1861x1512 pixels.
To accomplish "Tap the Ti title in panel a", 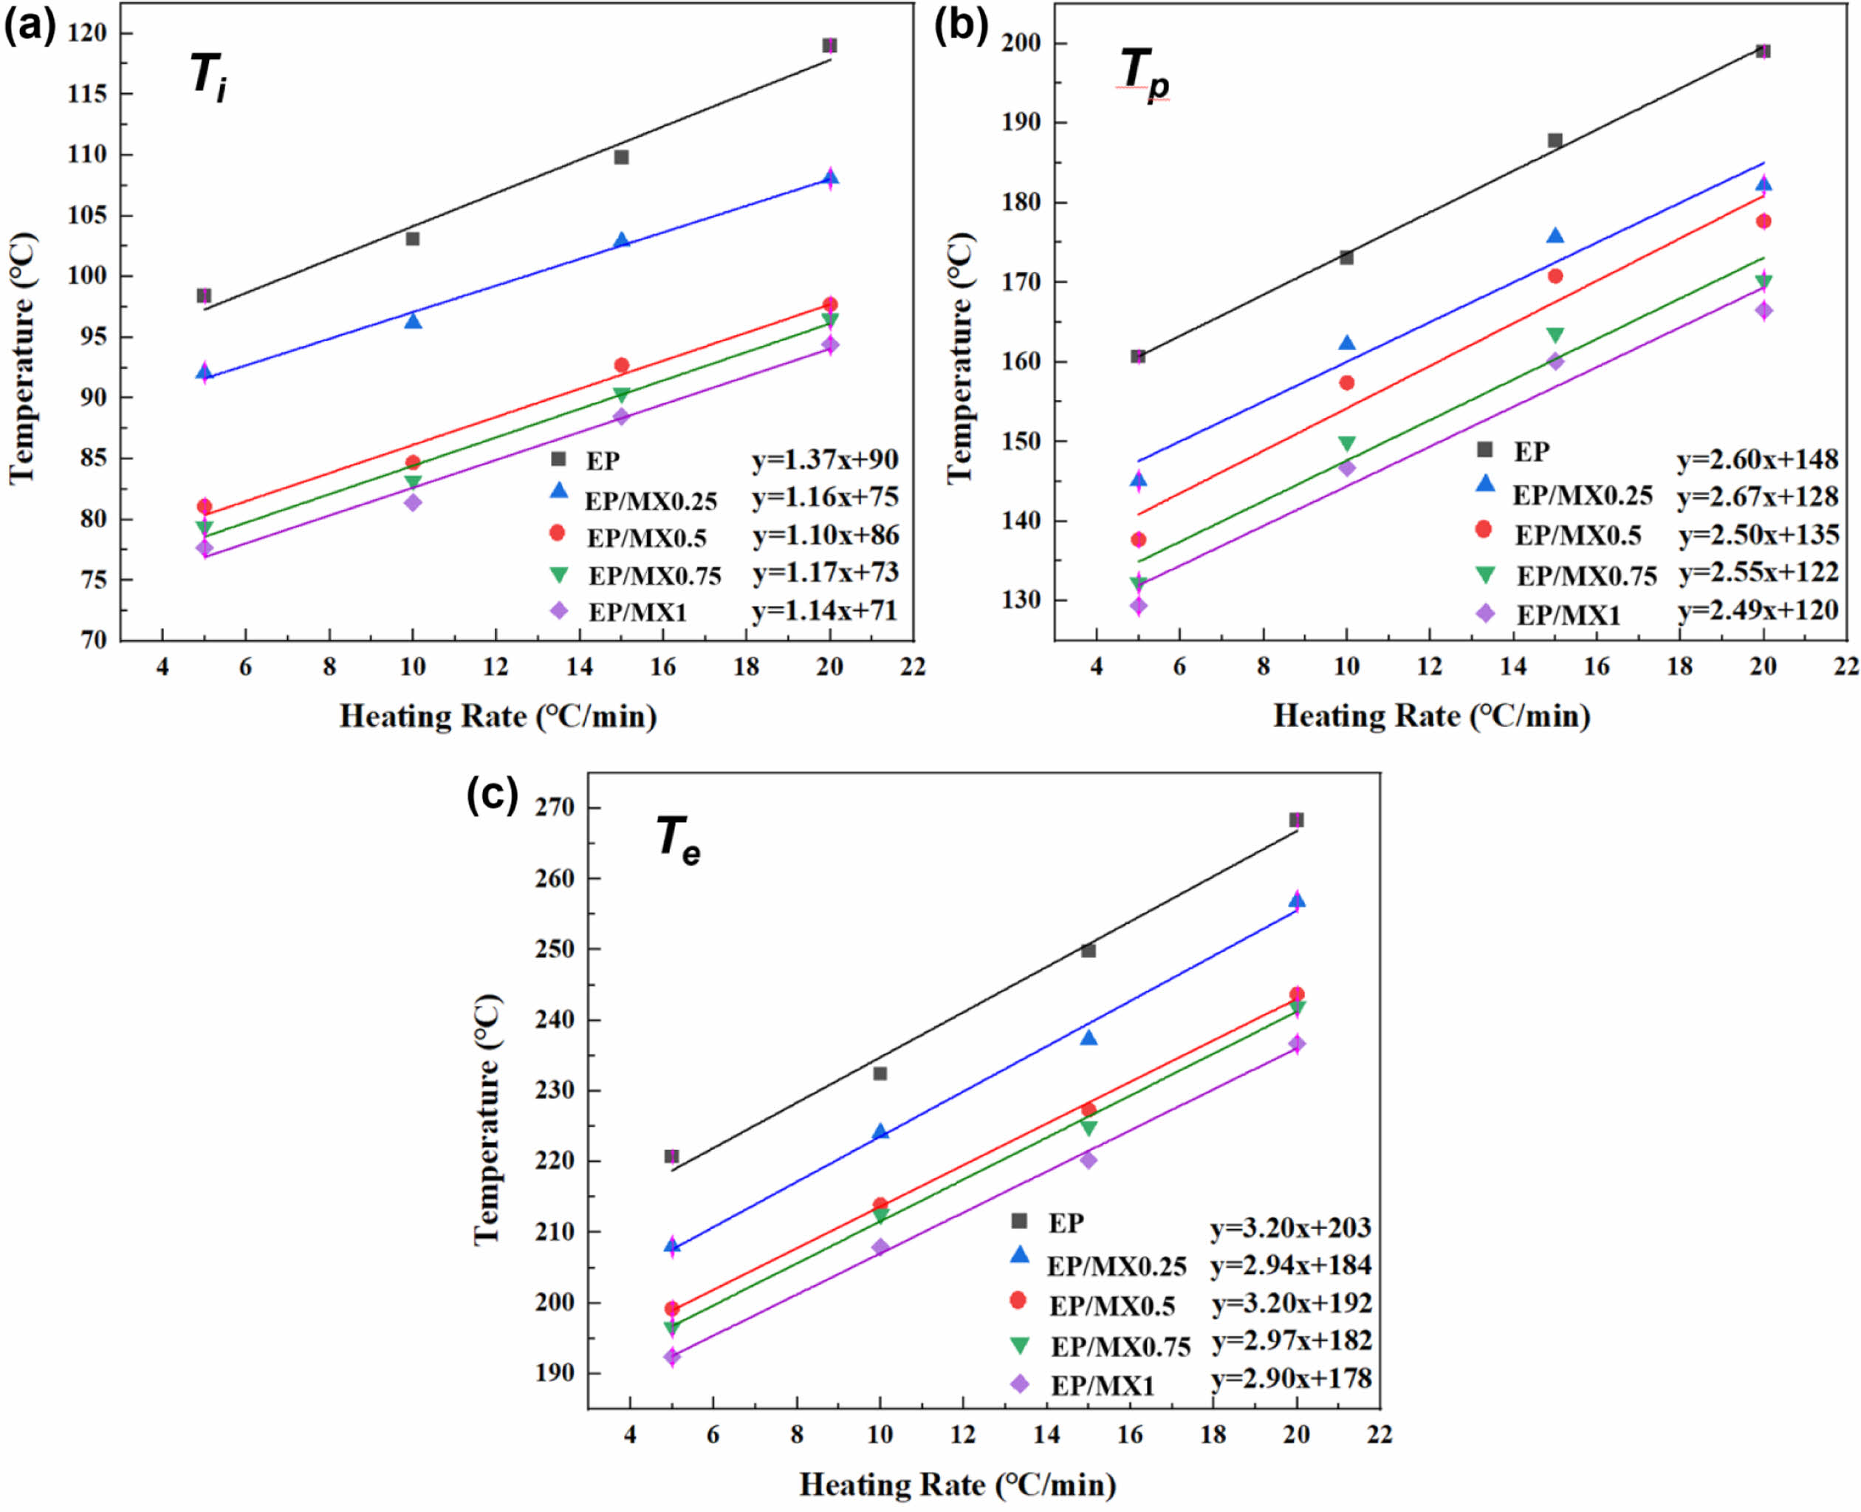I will pyautogui.click(x=209, y=77).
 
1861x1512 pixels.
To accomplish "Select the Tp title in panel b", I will pyautogui.click(x=1143, y=73).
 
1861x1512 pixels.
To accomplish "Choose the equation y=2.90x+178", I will pyautogui.click(x=1292, y=1378).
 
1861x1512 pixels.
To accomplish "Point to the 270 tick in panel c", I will pyautogui.click(x=555, y=807).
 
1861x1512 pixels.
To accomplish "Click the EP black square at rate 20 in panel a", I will pyautogui.click(x=830, y=45).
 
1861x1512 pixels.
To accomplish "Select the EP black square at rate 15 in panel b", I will pyautogui.click(x=1555, y=140).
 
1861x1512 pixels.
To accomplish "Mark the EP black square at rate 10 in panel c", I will pyautogui.click(x=880, y=1073).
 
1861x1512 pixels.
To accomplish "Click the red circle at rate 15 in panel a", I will pyautogui.click(x=621, y=365).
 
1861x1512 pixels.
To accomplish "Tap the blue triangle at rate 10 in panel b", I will pyautogui.click(x=1346, y=343).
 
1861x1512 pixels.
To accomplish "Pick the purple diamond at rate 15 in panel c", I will pyautogui.click(x=1088, y=1159).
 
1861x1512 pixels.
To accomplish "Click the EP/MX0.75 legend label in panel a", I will pyautogui.click(x=655, y=575).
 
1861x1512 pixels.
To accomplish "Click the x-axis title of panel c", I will pyautogui.click(x=957, y=1484).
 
